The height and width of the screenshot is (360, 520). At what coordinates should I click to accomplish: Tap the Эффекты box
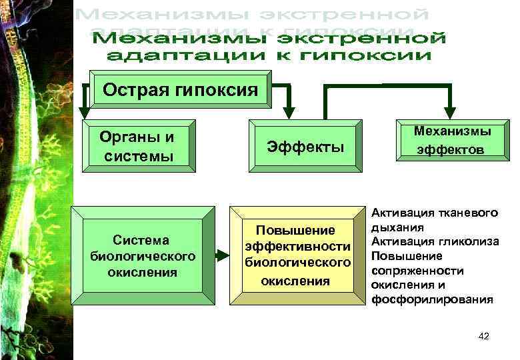coord(305,147)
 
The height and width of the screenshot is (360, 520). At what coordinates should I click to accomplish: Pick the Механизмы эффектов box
coord(451,141)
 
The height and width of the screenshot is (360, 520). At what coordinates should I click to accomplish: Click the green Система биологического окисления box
coord(143,255)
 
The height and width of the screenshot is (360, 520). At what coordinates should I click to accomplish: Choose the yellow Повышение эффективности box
coord(297,255)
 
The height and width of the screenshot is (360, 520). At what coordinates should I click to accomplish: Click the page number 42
coord(484,336)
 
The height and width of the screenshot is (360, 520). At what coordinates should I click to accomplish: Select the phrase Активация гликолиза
coord(435,241)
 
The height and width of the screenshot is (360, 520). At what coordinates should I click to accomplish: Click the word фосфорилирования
coord(433,299)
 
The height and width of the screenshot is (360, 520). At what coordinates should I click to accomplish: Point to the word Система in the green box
coord(141,240)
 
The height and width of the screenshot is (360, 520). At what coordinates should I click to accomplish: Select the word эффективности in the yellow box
coord(297,247)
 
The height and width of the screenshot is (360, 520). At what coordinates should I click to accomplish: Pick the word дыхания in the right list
coord(392,227)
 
